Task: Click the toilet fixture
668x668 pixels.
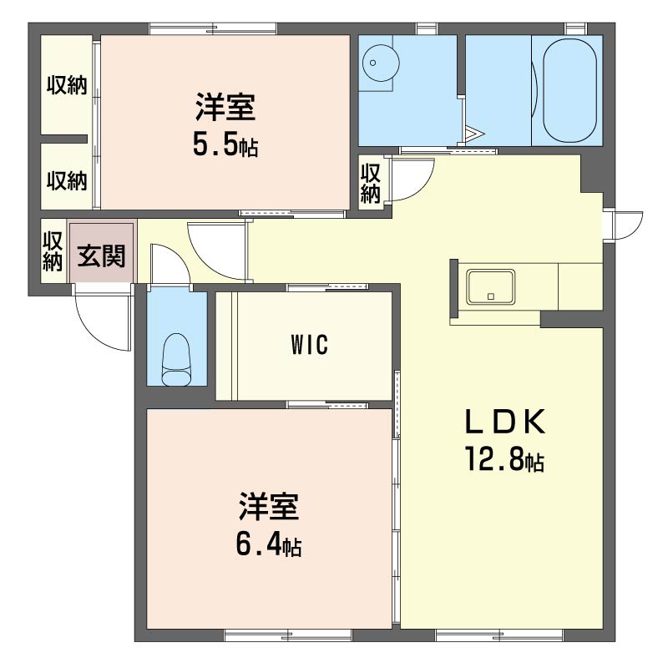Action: (176, 360)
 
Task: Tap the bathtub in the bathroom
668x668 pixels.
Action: (569, 90)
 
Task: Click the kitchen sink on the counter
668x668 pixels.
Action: (490, 286)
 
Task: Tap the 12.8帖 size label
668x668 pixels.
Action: (504, 460)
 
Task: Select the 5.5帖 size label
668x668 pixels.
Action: (225, 146)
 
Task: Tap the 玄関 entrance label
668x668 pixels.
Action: (101, 256)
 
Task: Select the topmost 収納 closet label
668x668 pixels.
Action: (67, 85)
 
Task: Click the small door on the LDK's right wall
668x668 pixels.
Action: (625, 224)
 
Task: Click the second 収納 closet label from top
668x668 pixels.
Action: (67, 180)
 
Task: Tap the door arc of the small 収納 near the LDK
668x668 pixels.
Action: (413, 180)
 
